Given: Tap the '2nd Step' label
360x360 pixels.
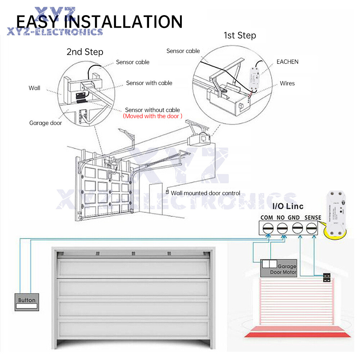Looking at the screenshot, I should click(x=85, y=52).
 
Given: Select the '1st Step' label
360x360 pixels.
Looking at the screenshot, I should click(x=240, y=35).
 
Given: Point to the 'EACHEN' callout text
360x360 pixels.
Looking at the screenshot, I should click(x=287, y=62).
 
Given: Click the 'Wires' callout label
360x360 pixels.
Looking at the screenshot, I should click(x=287, y=83).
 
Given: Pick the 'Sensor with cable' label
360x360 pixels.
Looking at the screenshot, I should click(x=149, y=83).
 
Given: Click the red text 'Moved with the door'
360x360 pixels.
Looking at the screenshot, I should click(x=153, y=116).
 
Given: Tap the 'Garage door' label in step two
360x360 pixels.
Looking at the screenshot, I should click(x=46, y=123).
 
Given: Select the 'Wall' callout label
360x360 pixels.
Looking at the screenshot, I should click(x=35, y=88).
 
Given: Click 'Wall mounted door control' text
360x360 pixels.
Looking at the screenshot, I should click(x=205, y=193).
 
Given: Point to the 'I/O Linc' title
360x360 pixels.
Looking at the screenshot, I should click(x=288, y=206).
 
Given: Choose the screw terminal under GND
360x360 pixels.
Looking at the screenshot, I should click(x=297, y=228).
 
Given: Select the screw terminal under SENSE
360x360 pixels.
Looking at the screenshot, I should click(x=311, y=228).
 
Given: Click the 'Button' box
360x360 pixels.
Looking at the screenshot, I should click(x=27, y=302).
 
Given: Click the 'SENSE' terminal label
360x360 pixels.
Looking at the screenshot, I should click(x=312, y=218).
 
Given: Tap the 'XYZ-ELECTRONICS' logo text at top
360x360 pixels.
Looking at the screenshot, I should click(x=55, y=32).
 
